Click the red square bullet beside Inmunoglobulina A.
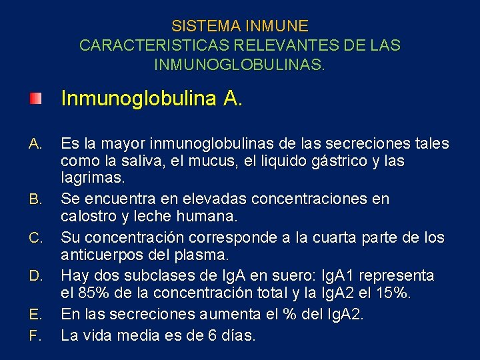[x=35, y=99]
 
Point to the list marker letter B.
[x=36, y=199]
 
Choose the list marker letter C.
[x=36, y=237]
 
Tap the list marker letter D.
[x=36, y=276]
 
